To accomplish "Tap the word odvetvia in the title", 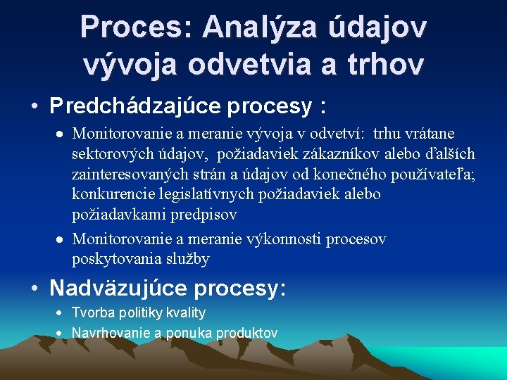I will [x=246, y=65].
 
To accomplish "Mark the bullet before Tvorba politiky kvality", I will [x=61, y=313].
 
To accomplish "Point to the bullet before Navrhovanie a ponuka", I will [x=61, y=333].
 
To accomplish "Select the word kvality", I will [x=183, y=313].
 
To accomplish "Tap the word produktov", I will [x=246, y=333].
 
